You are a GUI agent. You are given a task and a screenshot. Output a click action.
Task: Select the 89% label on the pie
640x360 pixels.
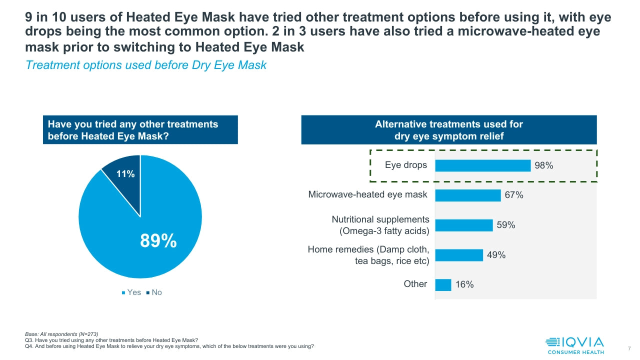pos(158,241)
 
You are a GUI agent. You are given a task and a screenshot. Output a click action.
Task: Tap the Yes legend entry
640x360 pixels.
pos(131,292)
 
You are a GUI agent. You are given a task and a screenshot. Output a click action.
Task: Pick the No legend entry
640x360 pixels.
pos(154,292)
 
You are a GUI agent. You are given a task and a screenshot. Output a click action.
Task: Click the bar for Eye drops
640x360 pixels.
pos(482,165)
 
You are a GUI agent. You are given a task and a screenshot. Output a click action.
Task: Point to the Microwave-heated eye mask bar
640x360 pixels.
pos(467,195)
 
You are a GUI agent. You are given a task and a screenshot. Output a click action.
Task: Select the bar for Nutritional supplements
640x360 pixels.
pos(463,225)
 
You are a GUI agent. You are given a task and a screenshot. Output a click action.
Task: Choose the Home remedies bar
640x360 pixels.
pos(459,255)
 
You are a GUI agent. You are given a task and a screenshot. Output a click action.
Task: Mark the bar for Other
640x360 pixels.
pos(443,284)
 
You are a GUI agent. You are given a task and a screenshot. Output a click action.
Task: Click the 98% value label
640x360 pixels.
pos(543,165)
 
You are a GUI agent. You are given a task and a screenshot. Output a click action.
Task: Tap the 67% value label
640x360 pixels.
pos(513,195)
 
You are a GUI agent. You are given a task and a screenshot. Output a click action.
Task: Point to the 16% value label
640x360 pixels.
pos(464,284)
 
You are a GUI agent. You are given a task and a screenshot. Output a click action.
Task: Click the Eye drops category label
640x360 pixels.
pos(405,164)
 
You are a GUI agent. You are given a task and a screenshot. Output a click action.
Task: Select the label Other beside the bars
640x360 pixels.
pos(415,284)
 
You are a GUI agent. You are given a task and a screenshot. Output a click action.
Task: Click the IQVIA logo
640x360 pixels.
pos(574,344)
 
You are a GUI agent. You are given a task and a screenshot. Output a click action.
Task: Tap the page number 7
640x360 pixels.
pos(628,348)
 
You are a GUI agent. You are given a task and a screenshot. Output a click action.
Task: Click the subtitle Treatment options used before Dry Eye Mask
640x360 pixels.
pos(145,65)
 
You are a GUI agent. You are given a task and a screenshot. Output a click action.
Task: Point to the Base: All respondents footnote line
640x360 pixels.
pos(61,334)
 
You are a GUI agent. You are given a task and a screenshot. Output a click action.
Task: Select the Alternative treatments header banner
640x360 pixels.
pos(448,130)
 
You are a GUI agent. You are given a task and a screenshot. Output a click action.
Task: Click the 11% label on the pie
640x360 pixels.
pos(125,174)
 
